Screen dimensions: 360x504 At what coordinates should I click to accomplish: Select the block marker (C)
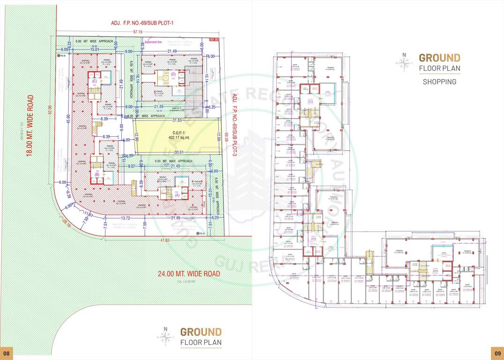click(95, 81)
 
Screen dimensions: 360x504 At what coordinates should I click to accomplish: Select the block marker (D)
click(173, 74)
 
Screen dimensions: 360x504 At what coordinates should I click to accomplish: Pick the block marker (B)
click(97, 174)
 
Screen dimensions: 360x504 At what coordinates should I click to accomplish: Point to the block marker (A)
click(177, 196)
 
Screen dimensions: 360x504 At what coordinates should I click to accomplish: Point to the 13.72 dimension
click(125, 218)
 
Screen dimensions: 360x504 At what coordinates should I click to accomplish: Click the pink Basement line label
click(153, 42)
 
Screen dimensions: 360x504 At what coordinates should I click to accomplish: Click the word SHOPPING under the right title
click(439, 82)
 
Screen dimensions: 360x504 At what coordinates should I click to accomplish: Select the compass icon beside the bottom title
click(165, 336)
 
